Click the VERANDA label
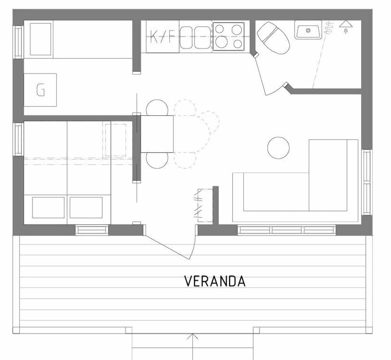[x=215, y=281]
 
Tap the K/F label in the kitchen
[x=163, y=38]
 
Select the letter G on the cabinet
[x=40, y=90]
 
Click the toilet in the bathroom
[x=273, y=38]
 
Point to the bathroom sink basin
[x=308, y=30]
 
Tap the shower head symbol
[x=345, y=27]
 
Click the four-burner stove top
[x=229, y=36]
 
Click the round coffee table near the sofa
[x=278, y=148]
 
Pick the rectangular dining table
[x=157, y=134]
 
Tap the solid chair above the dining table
[x=157, y=108]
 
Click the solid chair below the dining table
[x=157, y=160]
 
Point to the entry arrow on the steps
[x=192, y=340]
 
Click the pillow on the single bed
[x=41, y=39]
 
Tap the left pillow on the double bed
[x=48, y=208]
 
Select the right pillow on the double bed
[x=86, y=208]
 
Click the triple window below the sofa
[x=287, y=230]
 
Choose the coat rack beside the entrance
[x=204, y=206]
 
